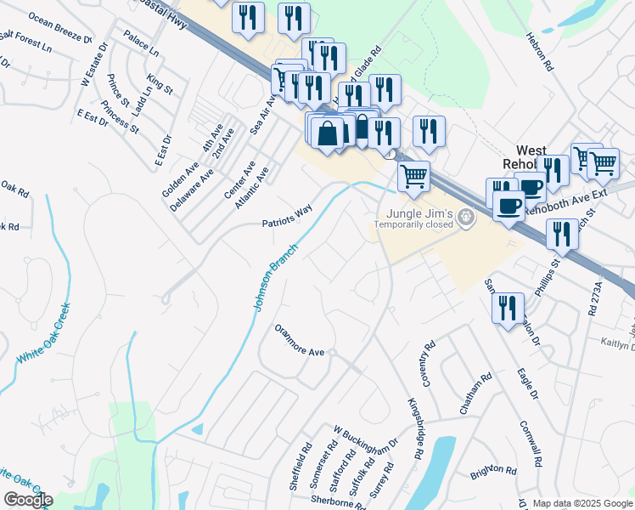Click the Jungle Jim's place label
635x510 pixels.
[417, 212]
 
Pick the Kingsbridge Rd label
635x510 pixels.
[415, 428]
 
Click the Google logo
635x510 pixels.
[28, 500]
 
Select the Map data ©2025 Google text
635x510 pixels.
[582, 503]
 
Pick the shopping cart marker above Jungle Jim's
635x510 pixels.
[413, 176]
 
